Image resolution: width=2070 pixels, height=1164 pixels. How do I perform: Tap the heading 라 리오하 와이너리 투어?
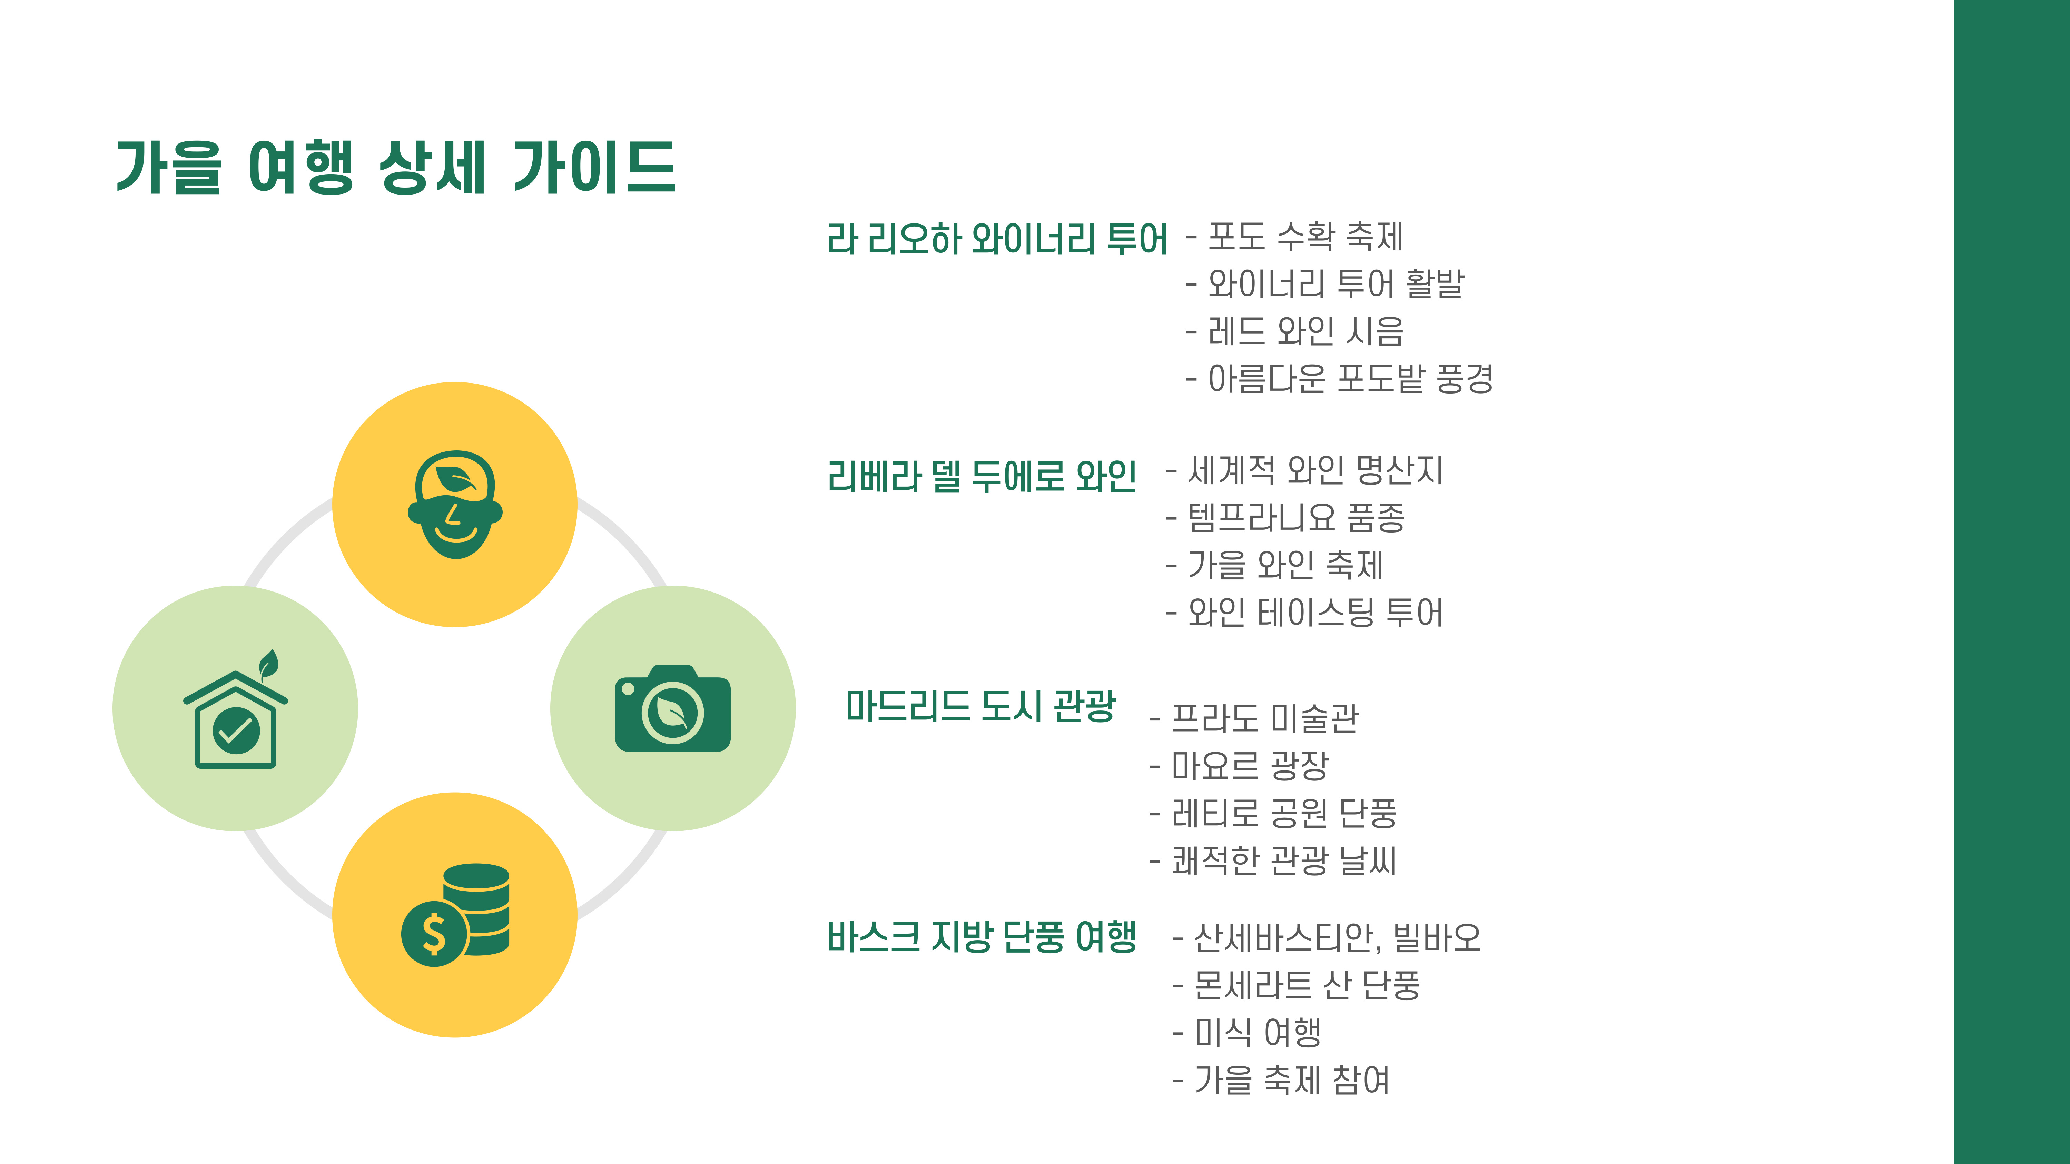996,239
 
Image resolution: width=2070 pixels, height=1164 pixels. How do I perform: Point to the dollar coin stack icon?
456,914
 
